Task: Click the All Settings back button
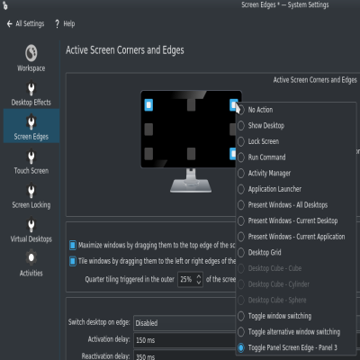26,22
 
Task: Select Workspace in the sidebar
31,58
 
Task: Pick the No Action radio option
262,110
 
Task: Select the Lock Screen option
265,141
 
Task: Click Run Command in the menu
267,157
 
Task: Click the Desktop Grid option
265,252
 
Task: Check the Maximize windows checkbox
74,245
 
